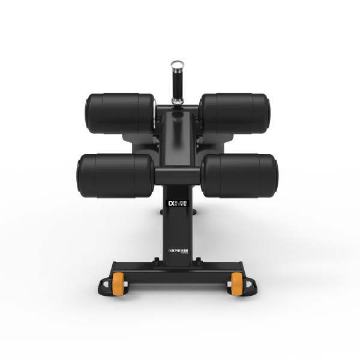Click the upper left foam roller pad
[120, 114]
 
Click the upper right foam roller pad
[235, 114]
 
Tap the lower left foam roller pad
[115, 175]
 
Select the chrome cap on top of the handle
[177, 65]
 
